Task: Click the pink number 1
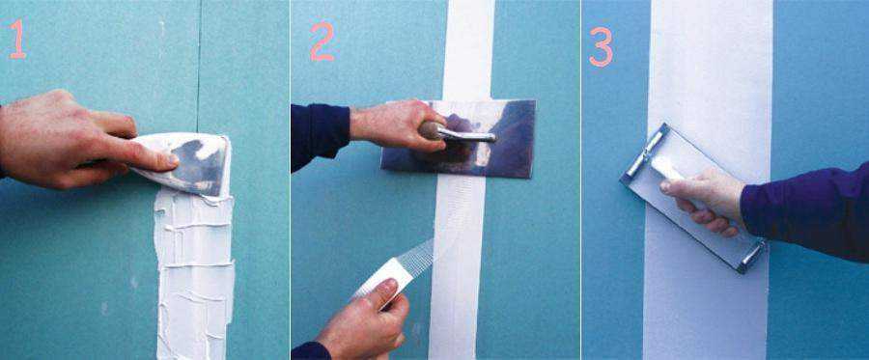coord(17,39)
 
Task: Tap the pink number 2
coord(322,42)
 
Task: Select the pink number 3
coord(601,47)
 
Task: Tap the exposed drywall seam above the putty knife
coord(198,67)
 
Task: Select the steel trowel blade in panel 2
coord(459,138)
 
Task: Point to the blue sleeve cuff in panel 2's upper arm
coord(321,136)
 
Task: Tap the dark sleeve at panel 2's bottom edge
coord(310,351)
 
